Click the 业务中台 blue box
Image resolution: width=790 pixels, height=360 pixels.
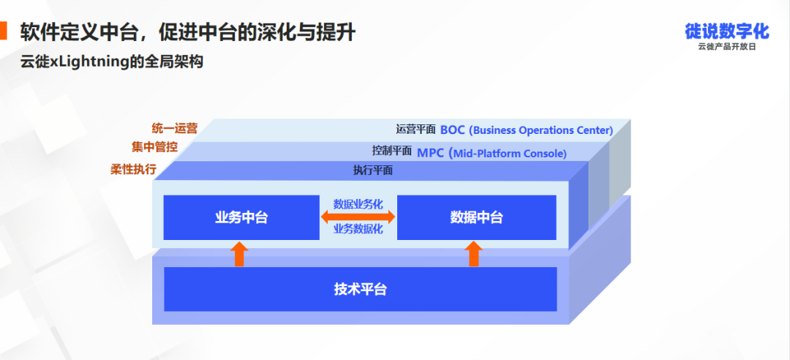tap(241, 217)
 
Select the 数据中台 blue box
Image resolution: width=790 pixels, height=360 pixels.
tap(477, 217)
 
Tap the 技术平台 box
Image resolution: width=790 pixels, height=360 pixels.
tap(360, 290)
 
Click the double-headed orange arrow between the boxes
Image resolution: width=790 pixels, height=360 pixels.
tap(358, 217)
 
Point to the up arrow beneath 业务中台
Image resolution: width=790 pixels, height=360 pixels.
tap(239, 254)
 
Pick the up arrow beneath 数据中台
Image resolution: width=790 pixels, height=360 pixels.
tap(473, 254)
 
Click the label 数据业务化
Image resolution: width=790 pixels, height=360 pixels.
tap(358, 204)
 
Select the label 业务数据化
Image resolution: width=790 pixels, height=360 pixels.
tap(358, 230)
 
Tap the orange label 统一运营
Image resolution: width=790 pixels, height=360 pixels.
tap(174, 128)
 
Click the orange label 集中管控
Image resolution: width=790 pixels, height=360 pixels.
tap(154, 148)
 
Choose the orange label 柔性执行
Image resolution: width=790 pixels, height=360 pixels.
tap(133, 169)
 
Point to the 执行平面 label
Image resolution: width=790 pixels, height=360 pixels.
tap(373, 170)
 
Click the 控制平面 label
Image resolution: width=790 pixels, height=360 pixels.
tap(392, 150)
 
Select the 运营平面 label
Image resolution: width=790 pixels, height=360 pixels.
tap(415, 129)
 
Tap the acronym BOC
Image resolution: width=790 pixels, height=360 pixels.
tap(453, 130)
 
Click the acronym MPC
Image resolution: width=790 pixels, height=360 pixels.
tap(430, 153)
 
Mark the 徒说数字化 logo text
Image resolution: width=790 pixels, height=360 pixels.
tap(727, 31)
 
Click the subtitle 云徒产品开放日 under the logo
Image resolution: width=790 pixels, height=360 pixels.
tap(727, 47)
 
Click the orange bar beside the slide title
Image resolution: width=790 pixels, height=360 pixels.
tap(3, 31)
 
